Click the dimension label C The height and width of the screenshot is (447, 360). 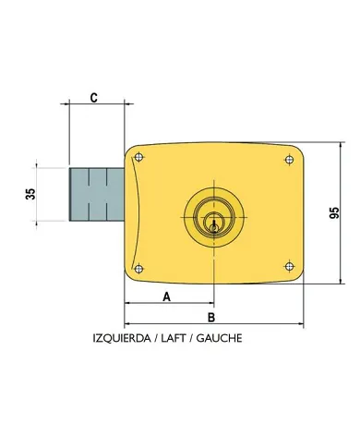(95, 98)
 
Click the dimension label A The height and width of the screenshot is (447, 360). (166, 296)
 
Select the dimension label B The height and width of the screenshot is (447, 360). (211, 317)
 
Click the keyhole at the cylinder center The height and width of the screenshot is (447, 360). (213, 221)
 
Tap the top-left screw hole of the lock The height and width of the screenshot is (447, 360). (138, 158)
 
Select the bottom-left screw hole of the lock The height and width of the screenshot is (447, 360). (138, 269)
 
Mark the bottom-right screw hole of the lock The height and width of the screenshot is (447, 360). (290, 269)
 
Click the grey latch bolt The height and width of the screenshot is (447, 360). (96, 195)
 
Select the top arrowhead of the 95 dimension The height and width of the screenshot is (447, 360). (322, 146)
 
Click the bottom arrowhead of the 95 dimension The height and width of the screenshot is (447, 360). (322, 283)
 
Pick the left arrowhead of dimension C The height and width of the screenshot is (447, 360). (73, 108)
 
